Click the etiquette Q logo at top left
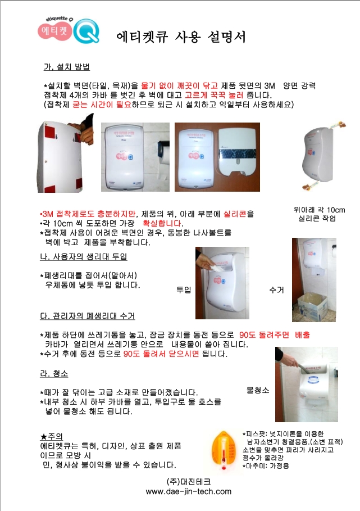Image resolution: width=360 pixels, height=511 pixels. click(x=69, y=30)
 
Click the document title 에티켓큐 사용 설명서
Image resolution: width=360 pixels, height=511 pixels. click(x=181, y=37)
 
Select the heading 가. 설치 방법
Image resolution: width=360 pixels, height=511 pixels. click(x=67, y=67)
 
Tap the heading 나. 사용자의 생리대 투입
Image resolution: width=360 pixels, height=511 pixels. click(x=83, y=256)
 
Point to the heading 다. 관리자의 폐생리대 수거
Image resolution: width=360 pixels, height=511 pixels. click(x=87, y=316)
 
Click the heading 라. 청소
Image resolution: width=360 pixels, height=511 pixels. click(x=54, y=373)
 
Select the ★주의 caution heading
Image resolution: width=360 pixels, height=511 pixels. click(x=52, y=436)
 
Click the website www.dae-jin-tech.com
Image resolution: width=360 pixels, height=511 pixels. click(x=189, y=491)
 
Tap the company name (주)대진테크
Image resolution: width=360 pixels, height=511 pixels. click(x=189, y=481)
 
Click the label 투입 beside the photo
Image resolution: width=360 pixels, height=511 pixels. click(x=184, y=290)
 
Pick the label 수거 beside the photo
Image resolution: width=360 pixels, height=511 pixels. click(x=277, y=290)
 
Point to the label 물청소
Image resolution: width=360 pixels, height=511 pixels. click(x=258, y=390)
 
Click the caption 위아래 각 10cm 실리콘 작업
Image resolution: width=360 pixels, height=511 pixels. click(x=319, y=214)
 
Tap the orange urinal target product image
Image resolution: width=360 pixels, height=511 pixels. click(x=224, y=450)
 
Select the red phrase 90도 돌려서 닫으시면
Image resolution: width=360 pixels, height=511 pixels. click(x=161, y=354)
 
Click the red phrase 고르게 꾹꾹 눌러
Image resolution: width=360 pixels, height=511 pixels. click(x=214, y=95)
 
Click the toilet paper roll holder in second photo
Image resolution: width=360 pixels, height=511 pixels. click(x=164, y=152)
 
